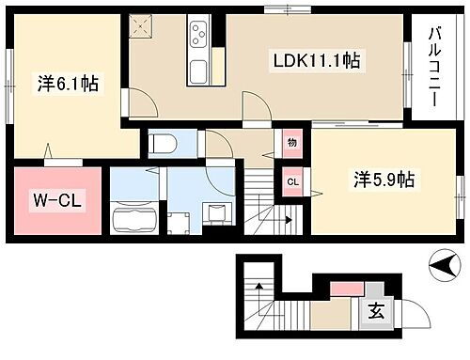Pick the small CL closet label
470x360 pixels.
click(x=291, y=181)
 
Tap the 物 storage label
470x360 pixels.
click(x=291, y=143)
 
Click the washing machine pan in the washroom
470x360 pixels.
click(x=217, y=212)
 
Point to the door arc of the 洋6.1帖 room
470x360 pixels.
click(x=133, y=103)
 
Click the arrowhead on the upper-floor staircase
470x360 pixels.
click(x=286, y=222)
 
